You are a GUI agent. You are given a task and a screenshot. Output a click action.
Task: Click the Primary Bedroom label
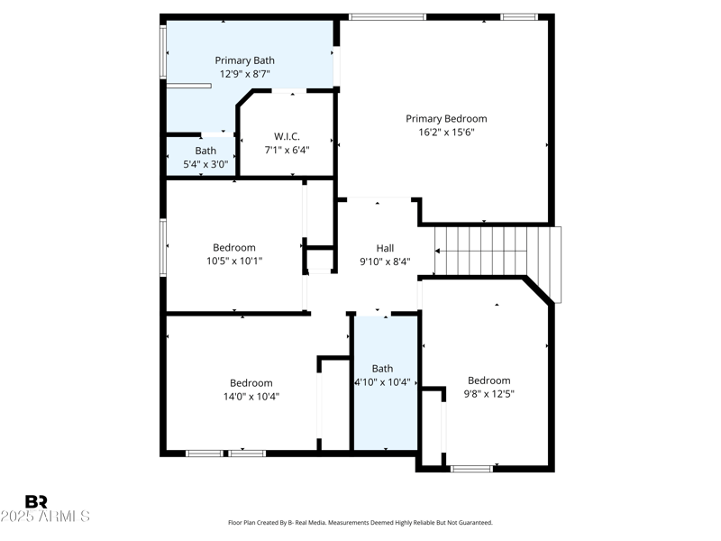click(x=446, y=118)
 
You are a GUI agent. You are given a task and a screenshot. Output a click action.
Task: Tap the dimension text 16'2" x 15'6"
click(x=446, y=132)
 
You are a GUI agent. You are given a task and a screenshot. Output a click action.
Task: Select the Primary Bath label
click(x=244, y=60)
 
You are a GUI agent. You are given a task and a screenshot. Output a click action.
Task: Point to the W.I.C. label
click(x=287, y=136)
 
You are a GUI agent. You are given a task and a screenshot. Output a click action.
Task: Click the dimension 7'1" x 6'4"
click(x=287, y=150)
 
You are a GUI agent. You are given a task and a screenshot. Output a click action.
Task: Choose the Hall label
click(x=385, y=248)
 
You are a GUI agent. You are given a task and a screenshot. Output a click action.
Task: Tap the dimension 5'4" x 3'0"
click(x=205, y=164)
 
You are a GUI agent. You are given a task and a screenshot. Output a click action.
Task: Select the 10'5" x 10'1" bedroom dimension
click(x=233, y=261)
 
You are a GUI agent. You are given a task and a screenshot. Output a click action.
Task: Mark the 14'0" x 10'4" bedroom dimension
click(x=251, y=396)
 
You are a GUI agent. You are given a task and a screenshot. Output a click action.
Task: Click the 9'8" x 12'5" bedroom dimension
click(x=489, y=393)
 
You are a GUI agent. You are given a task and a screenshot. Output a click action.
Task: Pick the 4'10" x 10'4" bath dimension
click(x=382, y=381)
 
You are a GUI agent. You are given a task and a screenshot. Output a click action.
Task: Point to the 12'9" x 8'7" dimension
click(x=244, y=74)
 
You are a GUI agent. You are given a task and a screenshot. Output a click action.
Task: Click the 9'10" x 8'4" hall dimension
click(x=385, y=261)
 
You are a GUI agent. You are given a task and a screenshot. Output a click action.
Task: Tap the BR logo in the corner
click(x=36, y=501)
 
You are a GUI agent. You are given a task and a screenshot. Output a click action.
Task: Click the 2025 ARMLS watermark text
click(x=45, y=517)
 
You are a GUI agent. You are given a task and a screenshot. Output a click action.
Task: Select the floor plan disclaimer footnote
click(x=360, y=523)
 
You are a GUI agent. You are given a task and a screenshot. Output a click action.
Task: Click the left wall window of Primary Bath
click(x=163, y=52)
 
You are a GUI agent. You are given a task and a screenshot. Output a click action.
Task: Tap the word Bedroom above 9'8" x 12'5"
click(x=488, y=381)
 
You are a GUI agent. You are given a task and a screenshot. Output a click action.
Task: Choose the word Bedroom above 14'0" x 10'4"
click(x=251, y=382)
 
